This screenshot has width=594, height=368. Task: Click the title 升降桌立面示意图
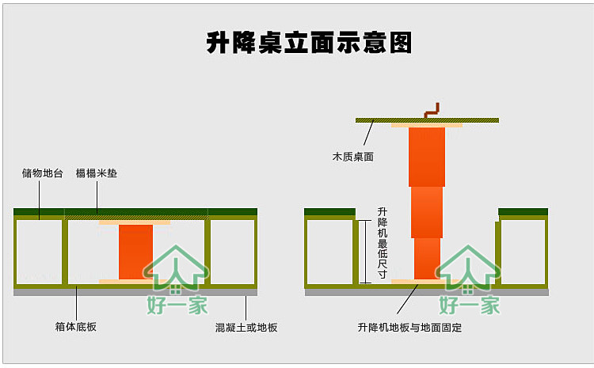pyautogui.click(x=310, y=43)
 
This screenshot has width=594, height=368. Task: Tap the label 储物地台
pyautogui.click(x=42, y=173)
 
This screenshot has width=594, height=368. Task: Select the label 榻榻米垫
pyautogui.click(x=97, y=173)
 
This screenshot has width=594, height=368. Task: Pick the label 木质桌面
pyautogui.click(x=352, y=157)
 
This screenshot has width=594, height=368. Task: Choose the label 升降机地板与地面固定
pyautogui.click(x=409, y=326)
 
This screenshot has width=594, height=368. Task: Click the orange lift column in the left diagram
pyautogui.click(x=135, y=252)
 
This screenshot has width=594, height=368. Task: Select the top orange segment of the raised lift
pyautogui.click(x=427, y=157)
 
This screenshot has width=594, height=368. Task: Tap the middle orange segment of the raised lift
pyautogui.click(x=427, y=212)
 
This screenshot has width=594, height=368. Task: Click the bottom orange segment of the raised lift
pyautogui.click(x=427, y=258)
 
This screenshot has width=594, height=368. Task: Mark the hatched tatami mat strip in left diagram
pyautogui.click(x=135, y=217)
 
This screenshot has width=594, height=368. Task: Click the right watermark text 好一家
pyautogui.click(x=470, y=304)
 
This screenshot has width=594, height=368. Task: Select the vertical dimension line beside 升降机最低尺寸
pyautogui.click(x=364, y=252)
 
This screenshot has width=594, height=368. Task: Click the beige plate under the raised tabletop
pyautogui.click(x=427, y=125)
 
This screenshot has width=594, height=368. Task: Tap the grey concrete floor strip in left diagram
pyautogui.click(x=135, y=291)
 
